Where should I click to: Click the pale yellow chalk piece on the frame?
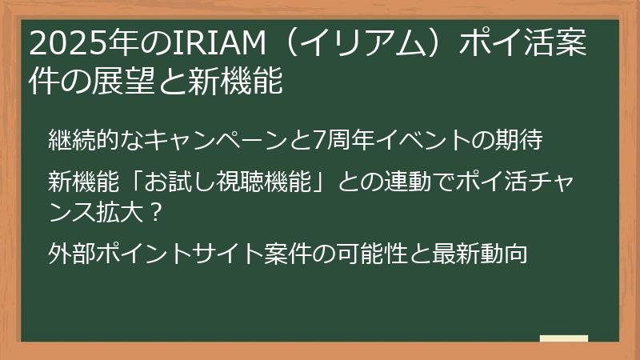(563, 339)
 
